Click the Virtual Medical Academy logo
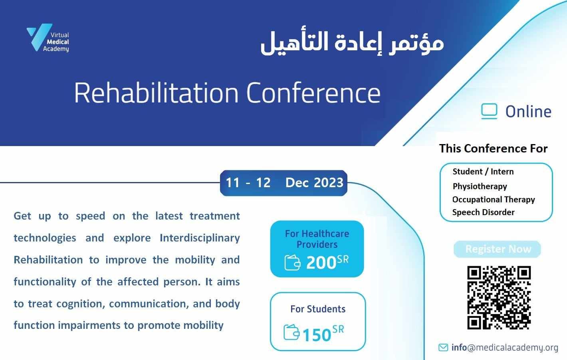pos(48,38)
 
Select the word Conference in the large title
pos(313,93)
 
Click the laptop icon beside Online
pos(489,111)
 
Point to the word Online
pos(528,112)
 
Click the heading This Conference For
pos(494,148)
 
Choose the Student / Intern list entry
pos(483,172)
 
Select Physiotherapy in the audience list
pos(480,186)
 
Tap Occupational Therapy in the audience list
pos(494,200)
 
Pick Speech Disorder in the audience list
pos(483,212)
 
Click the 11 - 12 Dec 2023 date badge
pos(284,183)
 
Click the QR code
pos(499,297)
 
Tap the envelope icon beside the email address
pos(443,348)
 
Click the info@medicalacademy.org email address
pos(505,348)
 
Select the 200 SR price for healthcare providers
pos(327,262)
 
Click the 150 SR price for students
pos(323,333)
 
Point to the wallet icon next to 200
pos(292,263)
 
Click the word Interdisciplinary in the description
pos(200,238)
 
